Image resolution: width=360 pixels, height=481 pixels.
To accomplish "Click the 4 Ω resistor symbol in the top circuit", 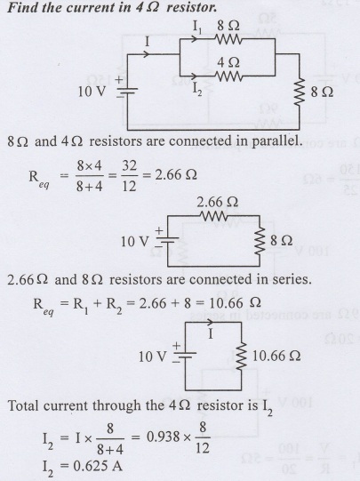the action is click(x=229, y=76).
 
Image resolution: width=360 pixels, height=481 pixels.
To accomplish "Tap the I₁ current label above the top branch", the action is click(x=196, y=27).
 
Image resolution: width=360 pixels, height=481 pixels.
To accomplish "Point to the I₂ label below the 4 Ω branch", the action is click(x=197, y=89).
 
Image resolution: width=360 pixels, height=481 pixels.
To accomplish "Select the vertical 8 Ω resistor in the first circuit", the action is click(x=300, y=92).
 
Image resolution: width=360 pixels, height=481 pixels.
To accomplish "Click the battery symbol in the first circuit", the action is click(x=126, y=90).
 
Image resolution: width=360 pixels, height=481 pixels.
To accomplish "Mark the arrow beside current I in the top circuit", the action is click(x=146, y=54).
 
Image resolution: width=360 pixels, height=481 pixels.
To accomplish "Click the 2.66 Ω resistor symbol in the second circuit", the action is click(x=213, y=216).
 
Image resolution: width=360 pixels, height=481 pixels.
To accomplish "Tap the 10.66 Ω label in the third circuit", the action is click(x=276, y=356).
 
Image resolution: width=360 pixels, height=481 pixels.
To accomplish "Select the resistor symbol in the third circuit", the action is click(x=241, y=356).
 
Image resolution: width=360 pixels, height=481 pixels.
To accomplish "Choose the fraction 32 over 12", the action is click(x=129, y=176).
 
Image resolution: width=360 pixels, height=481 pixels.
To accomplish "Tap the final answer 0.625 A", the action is click(x=98, y=466).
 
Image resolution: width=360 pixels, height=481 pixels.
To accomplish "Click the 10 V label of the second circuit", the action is click(x=134, y=242).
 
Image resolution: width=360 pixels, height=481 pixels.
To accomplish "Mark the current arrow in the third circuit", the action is click(x=210, y=322).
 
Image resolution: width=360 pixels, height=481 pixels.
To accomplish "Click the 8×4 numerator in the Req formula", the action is click(x=89, y=166).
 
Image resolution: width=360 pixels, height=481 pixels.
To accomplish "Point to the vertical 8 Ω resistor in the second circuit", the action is click(x=260, y=241).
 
